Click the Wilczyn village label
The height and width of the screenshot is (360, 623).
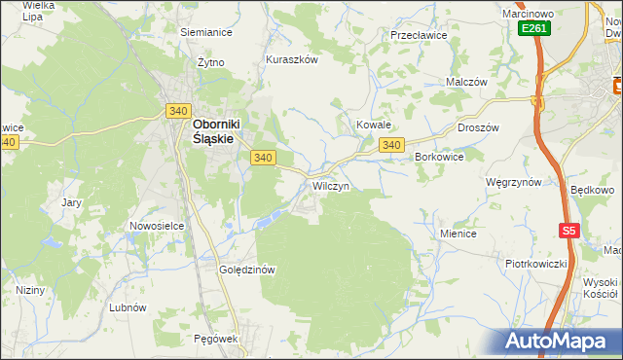tap(330, 185)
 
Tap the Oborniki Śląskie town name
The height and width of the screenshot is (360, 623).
tap(213, 131)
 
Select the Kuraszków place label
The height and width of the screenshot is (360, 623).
tap(292, 59)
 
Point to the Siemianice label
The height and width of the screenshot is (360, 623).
tap(206, 31)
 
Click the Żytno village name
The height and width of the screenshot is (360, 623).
tap(211, 61)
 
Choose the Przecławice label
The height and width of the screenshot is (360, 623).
tap(418, 34)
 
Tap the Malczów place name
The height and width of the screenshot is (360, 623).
tap(465, 83)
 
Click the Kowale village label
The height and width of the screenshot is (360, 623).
tap(373, 126)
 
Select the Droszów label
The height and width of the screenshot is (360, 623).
tap(478, 127)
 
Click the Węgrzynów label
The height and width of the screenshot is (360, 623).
tap(513, 182)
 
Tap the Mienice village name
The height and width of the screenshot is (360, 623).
tap(458, 234)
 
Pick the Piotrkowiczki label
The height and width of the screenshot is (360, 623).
tap(535, 264)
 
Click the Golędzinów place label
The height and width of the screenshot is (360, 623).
tap(249, 270)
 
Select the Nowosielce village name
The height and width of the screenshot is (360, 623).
tap(157, 226)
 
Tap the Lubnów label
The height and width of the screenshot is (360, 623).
tap(128, 306)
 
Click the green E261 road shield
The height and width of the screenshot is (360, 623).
tap(533, 29)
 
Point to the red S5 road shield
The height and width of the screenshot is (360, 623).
tap(569, 231)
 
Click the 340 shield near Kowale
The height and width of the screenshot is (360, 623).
tap(391, 145)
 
